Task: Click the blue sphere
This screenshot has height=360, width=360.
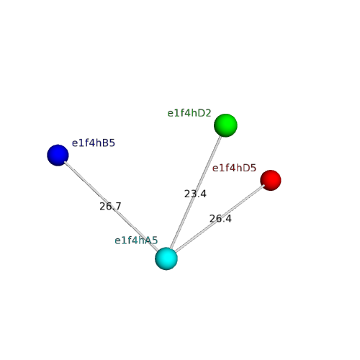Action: coord(58,155)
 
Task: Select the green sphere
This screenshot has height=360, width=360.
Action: coord(225,125)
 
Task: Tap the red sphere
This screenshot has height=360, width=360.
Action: coord(271,180)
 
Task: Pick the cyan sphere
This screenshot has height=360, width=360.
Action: coord(166,258)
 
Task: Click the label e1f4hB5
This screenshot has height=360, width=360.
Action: coord(94,143)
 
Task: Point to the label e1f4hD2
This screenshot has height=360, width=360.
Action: coord(189,113)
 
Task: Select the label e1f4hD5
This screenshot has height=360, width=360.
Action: coord(234,168)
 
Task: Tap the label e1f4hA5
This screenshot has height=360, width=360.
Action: coord(136,240)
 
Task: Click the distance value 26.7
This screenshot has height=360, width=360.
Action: coord(110,206)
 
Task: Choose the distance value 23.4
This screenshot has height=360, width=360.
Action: coord(195,194)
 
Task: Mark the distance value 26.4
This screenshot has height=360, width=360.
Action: coord(220,218)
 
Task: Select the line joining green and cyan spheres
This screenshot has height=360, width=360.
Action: coord(196,192)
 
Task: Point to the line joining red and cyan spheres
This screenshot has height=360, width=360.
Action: coord(220,218)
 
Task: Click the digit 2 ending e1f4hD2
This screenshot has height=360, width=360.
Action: coord(208,113)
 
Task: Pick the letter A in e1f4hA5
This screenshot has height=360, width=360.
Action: coord(149,240)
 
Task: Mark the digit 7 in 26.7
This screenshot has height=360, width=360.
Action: coord(118,206)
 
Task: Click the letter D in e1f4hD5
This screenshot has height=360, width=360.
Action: coord(247,168)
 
